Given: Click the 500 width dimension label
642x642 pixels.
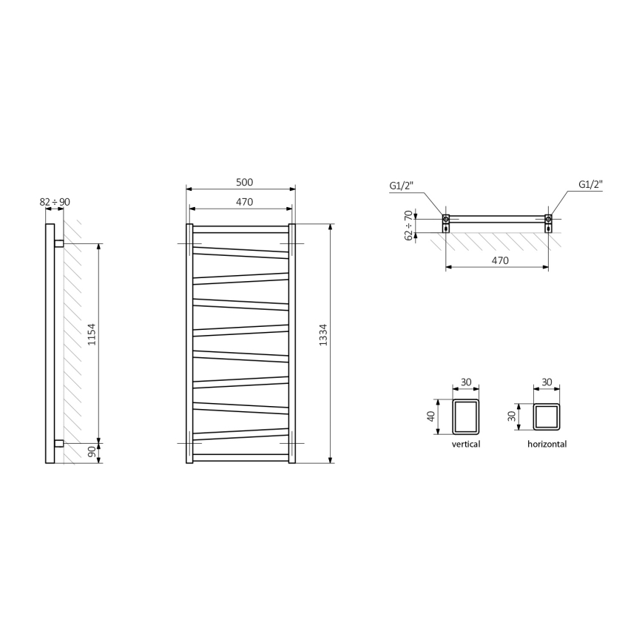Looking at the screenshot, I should click(x=245, y=182).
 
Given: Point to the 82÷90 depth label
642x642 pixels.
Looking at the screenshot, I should click(x=55, y=201).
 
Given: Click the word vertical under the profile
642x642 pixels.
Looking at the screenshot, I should click(x=466, y=445).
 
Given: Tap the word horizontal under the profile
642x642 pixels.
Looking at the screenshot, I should click(x=547, y=445).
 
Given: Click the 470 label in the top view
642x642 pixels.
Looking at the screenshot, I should click(x=500, y=260).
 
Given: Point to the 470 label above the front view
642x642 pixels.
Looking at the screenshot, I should click(x=245, y=201).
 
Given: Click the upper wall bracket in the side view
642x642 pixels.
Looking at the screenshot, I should click(x=59, y=243).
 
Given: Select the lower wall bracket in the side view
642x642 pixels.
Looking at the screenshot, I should click(x=59, y=443).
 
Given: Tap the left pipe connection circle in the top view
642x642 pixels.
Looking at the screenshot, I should click(x=446, y=219).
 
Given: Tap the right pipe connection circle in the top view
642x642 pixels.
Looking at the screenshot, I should click(x=548, y=219).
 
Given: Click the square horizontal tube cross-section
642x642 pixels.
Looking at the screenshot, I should click(x=547, y=416).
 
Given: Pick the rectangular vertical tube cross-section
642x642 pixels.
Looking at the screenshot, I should click(x=466, y=417).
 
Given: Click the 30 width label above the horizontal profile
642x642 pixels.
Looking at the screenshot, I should click(x=547, y=382).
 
